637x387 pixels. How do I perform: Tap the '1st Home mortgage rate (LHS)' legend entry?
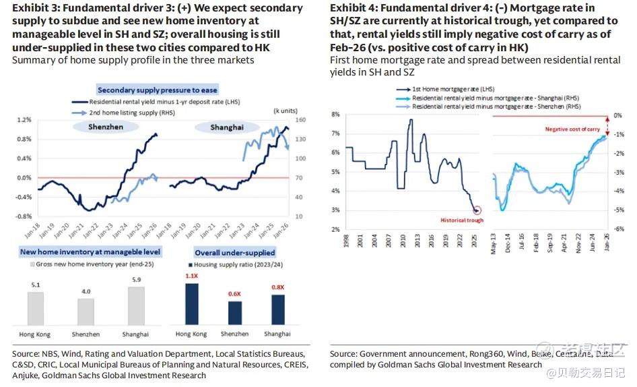coord(450,89)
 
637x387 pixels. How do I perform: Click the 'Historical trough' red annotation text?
coord(462,220)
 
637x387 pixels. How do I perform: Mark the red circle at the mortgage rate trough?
coord(477,210)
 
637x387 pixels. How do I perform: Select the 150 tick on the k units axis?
coord(300,120)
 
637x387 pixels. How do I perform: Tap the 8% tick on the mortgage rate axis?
coord(335,115)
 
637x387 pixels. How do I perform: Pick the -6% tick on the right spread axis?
coord(617,229)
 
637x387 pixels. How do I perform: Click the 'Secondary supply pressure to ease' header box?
coord(158,90)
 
